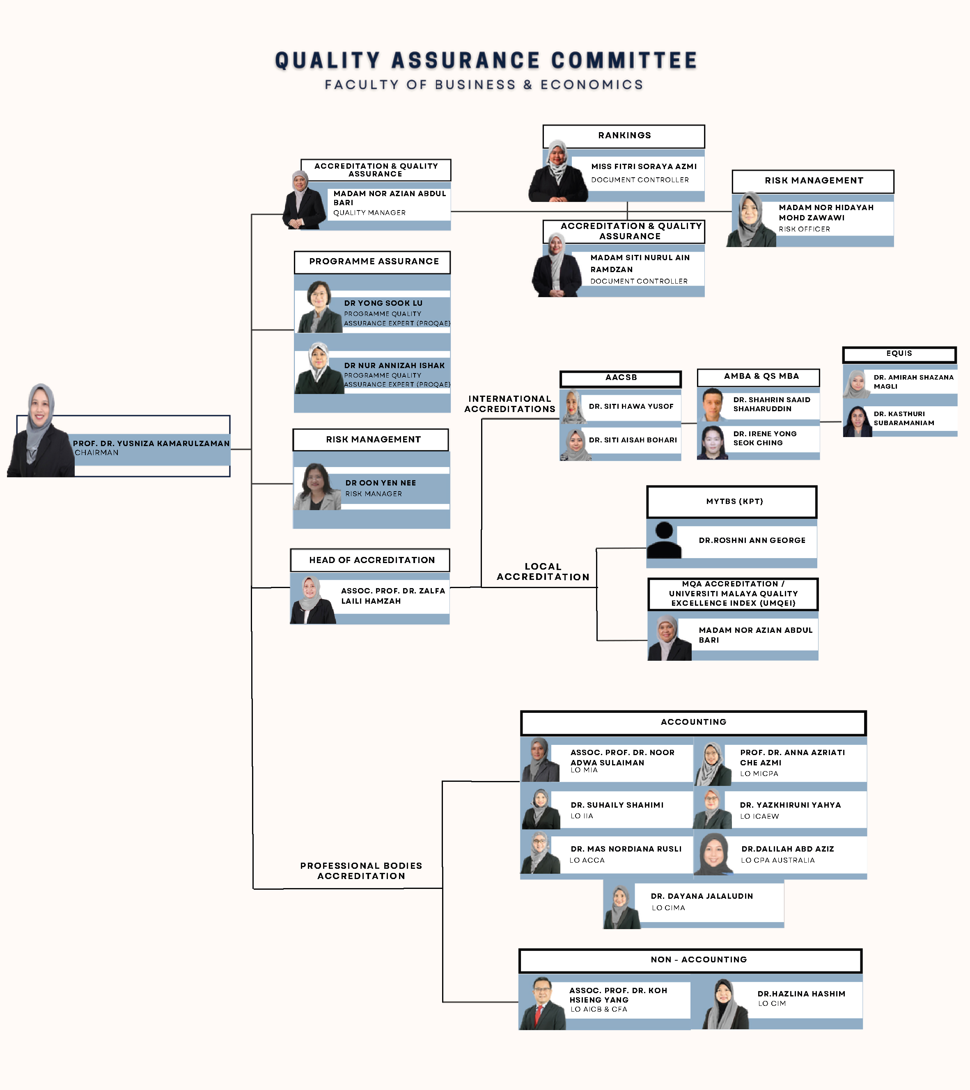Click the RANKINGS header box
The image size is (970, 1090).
624,136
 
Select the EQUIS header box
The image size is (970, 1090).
899,354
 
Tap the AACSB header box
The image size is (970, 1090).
620,378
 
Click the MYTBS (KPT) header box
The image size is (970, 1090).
732,501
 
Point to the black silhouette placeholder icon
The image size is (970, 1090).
664,540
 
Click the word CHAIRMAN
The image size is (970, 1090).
96,453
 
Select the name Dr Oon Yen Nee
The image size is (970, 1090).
380,483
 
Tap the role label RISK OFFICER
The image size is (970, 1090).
804,229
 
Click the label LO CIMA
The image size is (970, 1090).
668,908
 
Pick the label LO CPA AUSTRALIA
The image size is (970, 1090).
777,860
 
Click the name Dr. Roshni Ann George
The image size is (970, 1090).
752,540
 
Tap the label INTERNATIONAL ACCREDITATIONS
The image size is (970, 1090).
509,404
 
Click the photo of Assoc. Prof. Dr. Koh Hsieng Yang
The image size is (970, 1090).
542,1003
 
